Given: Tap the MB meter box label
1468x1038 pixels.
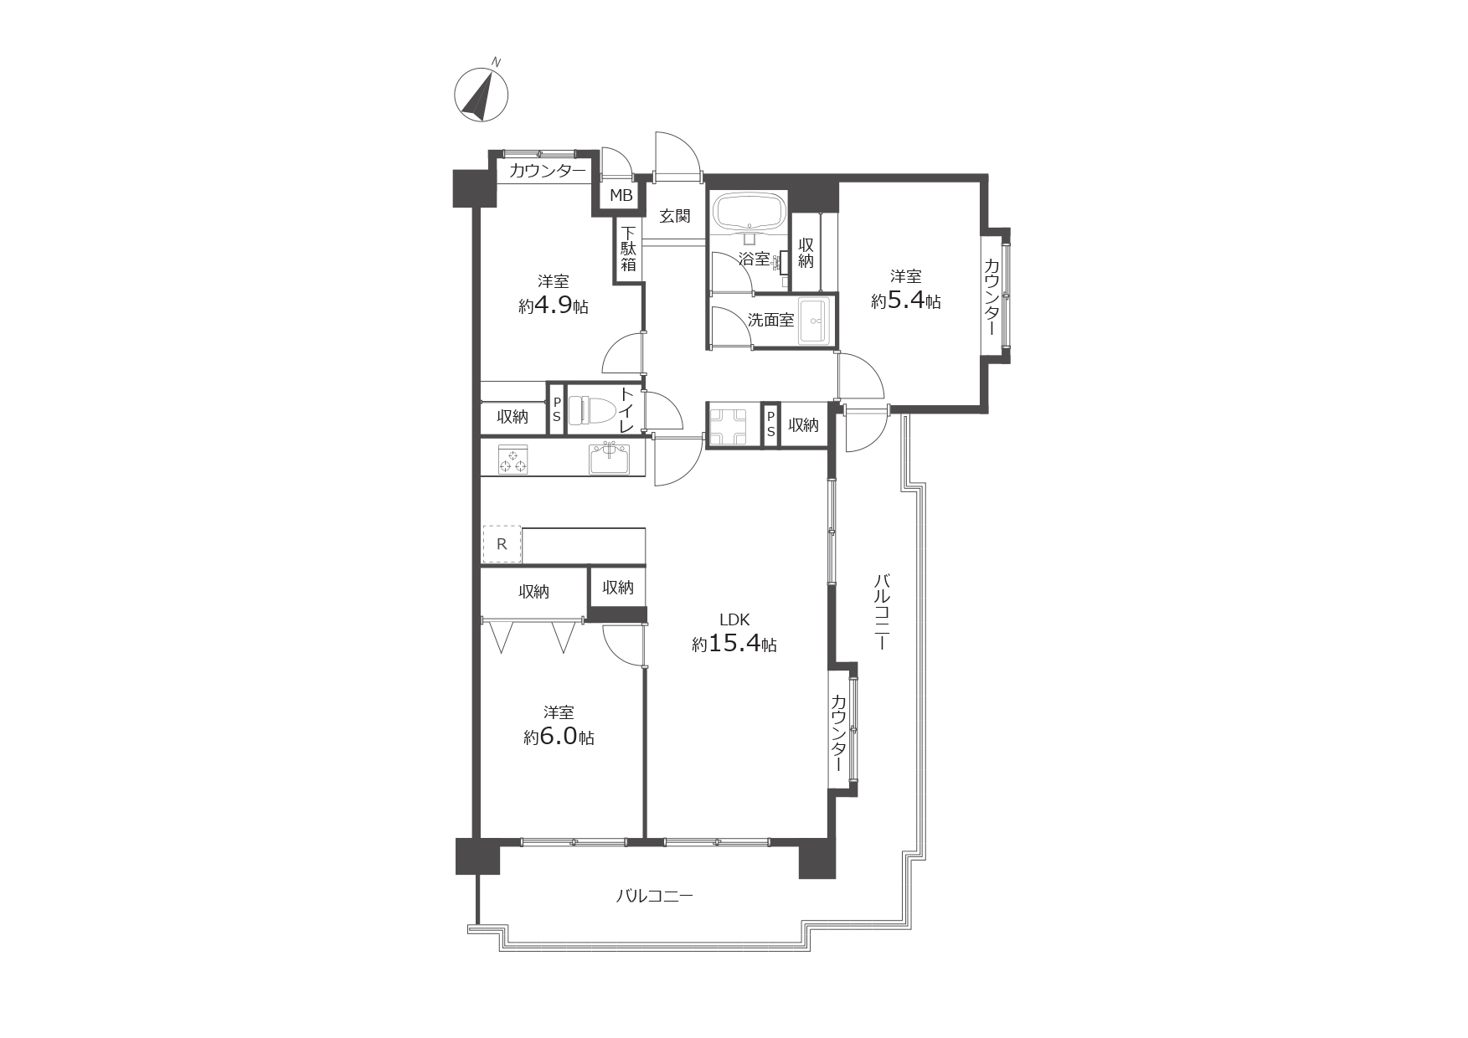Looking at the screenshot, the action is point(621,196).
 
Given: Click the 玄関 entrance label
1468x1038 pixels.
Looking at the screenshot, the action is point(675,216).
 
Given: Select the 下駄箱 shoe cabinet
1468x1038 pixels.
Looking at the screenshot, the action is point(628,249).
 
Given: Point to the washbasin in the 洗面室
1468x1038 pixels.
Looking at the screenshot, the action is point(814,321).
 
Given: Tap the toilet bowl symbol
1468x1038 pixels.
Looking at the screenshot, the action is point(591,411).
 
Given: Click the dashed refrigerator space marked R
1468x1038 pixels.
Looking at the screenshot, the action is point(502,544).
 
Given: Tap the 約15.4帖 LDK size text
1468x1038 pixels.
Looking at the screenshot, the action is point(734,644).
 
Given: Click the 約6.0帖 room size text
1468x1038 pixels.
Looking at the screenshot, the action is point(559,737).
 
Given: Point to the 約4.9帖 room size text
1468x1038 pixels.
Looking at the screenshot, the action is point(553,306).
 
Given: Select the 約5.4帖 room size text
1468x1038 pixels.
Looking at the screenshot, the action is point(905,301).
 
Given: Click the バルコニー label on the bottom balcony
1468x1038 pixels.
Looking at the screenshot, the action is point(655,897).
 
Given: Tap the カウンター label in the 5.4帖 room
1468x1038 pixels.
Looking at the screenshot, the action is point(992,297).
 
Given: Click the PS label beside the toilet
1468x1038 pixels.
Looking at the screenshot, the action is point(556,409).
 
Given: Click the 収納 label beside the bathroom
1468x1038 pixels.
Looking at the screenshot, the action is point(806,253).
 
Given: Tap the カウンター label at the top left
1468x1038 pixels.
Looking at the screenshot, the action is point(548,172).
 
